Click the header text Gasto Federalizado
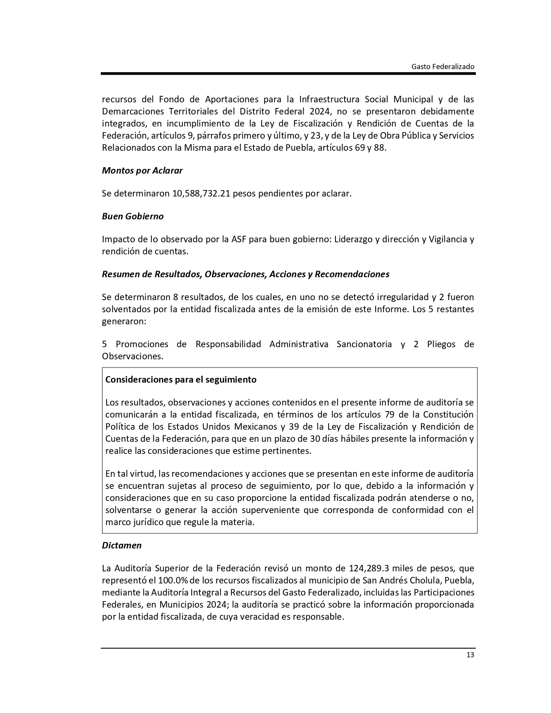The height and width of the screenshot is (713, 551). (x=443, y=67)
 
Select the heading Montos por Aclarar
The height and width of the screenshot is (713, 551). (x=142, y=171)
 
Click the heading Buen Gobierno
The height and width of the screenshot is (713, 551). (x=133, y=216)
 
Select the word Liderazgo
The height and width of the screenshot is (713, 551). (x=357, y=239)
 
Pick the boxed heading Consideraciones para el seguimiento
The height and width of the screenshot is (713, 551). (x=180, y=380)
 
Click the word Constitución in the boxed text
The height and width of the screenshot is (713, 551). (x=448, y=415)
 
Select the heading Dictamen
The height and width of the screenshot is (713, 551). (x=122, y=545)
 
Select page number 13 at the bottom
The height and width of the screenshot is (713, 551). (x=470, y=655)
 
